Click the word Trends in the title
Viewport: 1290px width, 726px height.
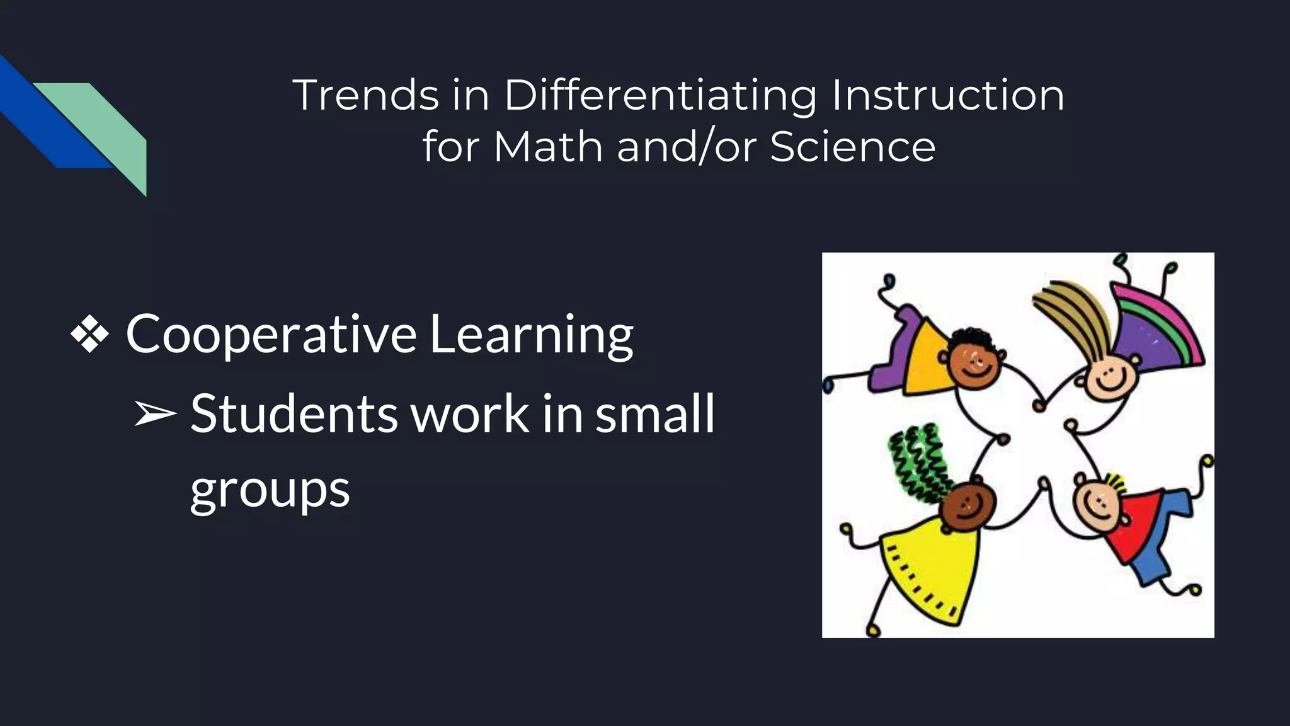365,96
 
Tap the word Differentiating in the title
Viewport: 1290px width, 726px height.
660,97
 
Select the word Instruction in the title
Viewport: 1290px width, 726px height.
948,96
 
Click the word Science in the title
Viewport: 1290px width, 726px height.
852,147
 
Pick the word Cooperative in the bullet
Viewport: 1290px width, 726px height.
271,335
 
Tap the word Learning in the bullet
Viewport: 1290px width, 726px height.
531,335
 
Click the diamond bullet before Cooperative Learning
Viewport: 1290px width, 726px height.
89,333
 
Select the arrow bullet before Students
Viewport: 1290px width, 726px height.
155,414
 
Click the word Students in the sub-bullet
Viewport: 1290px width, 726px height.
294,414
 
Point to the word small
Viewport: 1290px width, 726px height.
655,414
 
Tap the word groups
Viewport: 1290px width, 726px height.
270,490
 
